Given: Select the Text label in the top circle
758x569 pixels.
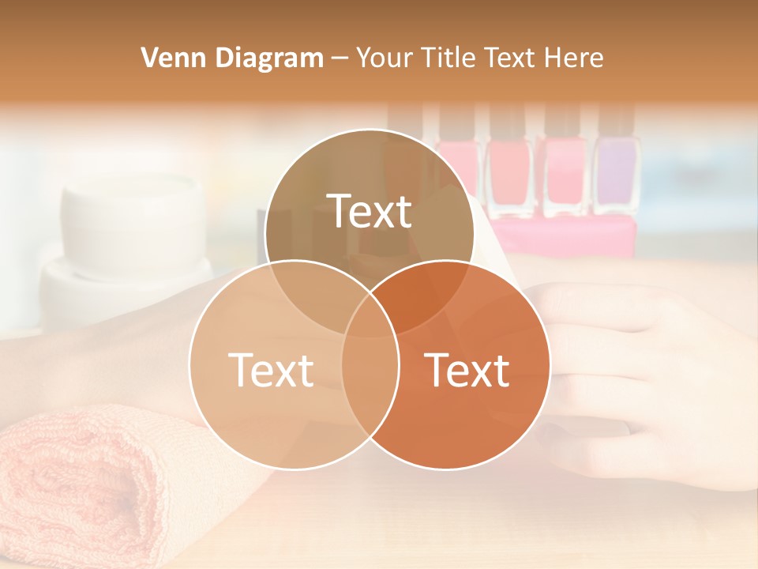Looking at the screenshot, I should (370, 211).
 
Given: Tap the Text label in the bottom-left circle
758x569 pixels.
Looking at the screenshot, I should (271, 370).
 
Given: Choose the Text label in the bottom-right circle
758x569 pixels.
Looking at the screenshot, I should (467, 370).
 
